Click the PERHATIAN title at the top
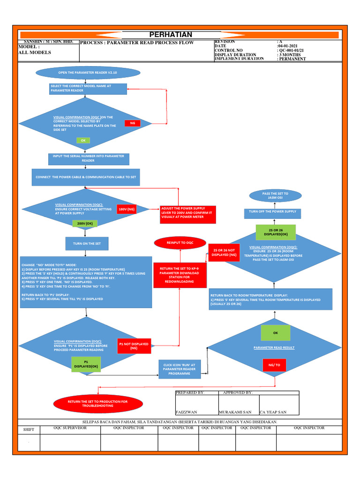pos(171,35)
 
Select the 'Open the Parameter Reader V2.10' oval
pos(87,73)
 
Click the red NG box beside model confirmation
pos(133,123)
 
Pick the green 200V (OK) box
pos(85,224)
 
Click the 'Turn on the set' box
pos(87,244)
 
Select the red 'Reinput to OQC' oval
pos(180,242)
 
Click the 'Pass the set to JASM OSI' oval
pos(275,195)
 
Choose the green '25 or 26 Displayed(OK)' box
pos(275,232)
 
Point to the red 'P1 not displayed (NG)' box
pos(134,346)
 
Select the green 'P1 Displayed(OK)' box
pos(86,364)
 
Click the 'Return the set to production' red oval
pos(97,403)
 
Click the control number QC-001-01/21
pos(292,50)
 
